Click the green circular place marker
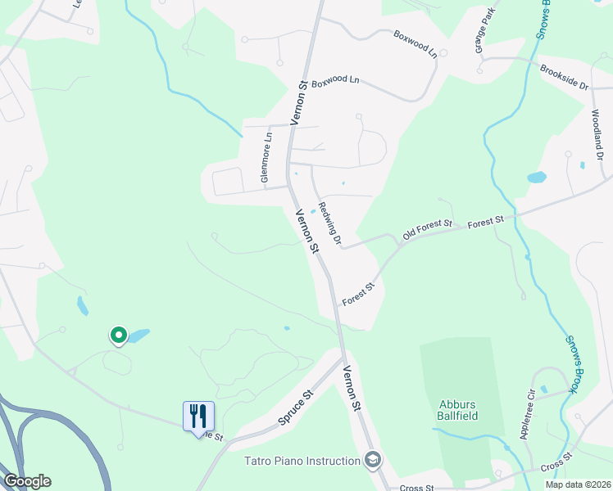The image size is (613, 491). (x=118, y=335)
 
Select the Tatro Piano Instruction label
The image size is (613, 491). (x=302, y=461)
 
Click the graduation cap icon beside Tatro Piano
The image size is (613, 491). (x=373, y=460)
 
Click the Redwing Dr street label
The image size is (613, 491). (x=329, y=223)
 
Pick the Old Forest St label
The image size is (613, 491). (x=427, y=230)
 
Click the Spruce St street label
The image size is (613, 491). (x=297, y=407)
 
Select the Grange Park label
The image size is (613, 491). (x=485, y=31)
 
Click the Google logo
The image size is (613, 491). (x=27, y=481)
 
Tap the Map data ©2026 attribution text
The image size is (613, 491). (x=576, y=484)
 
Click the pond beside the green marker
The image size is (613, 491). (x=138, y=336)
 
